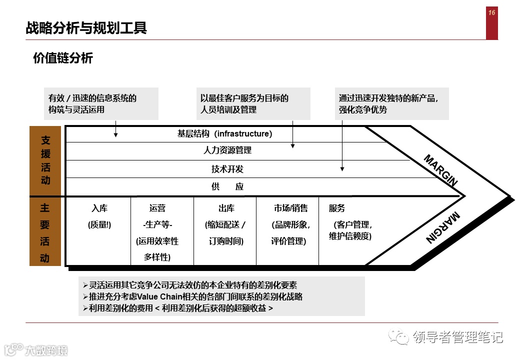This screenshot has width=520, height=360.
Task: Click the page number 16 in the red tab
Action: coord(492,13)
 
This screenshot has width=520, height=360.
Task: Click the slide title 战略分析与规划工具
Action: coord(86,27)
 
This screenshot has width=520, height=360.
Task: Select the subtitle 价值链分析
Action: coord(63,58)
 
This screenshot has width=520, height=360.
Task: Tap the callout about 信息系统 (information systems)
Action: coord(101,103)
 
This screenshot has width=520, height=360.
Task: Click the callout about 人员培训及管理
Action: coord(253,103)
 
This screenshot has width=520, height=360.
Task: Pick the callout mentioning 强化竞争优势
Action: coord(391,103)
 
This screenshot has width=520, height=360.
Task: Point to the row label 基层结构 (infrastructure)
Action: coord(224,133)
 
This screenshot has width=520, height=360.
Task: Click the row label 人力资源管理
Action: coord(227,150)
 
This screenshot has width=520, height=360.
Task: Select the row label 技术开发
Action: coord(227,169)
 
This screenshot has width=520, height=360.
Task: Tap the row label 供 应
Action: coord(227,186)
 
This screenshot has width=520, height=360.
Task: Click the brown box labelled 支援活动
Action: coord(45,160)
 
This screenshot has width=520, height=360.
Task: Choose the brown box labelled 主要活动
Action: coord(45,233)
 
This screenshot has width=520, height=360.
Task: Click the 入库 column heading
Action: coord(99,208)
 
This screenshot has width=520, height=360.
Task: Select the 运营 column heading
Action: coord(157,208)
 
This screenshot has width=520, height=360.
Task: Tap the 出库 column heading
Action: coord(226,208)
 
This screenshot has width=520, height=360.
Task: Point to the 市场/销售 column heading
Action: coord(290,208)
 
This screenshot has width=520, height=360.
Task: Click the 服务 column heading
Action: coord(336,208)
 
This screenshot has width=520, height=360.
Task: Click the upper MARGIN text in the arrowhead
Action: coord(440,170)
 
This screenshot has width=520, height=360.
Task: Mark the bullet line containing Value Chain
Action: coord(195,296)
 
